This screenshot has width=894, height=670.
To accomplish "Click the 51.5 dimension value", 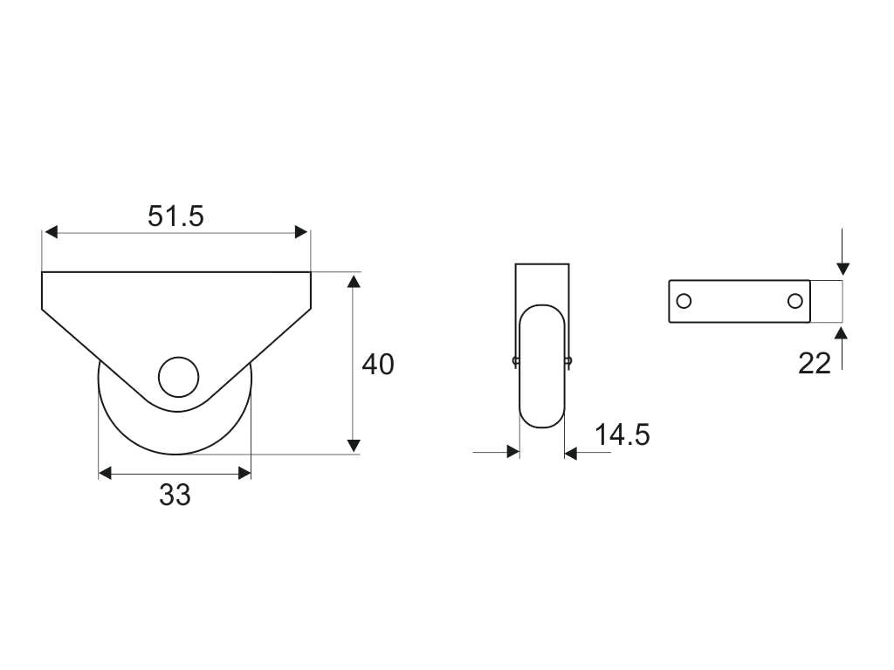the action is click(x=175, y=216).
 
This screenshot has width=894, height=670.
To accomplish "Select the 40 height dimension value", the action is click(x=378, y=365).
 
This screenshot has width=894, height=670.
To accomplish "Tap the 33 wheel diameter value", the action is click(x=175, y=496).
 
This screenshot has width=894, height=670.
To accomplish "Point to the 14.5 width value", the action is click(x=622, y=434).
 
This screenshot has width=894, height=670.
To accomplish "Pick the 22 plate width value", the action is click(x=815, y=364).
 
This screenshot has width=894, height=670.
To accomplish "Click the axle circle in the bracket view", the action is click(x=179, y=377).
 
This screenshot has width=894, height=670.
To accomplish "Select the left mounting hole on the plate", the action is click(x=684, y=301).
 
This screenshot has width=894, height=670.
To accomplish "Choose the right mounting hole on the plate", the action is click(x=795, y=301).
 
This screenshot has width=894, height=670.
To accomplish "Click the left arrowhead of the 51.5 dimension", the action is click(x=51, y=232).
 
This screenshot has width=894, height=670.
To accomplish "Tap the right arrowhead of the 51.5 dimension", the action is click(x=301, y=232).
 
